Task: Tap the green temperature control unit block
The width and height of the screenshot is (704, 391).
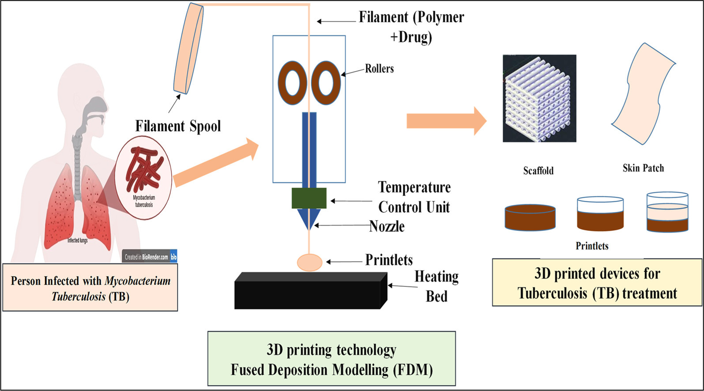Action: point(309,198)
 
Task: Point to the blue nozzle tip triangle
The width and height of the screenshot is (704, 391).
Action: point(309,218)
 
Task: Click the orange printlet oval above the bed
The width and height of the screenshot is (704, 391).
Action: point(309,262)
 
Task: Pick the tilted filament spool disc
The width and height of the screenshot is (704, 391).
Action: point(189,49)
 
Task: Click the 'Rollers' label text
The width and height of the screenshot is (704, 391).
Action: point(379,69)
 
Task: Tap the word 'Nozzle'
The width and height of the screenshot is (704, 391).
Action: point(387,226)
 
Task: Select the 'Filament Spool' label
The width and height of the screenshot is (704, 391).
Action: point(178,126)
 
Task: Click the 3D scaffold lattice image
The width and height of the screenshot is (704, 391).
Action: point(539,98)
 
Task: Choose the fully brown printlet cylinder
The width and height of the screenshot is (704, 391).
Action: point(530,217)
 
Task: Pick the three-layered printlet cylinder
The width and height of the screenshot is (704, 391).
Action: point(667,212)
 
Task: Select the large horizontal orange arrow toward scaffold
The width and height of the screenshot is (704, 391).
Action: point(446,120)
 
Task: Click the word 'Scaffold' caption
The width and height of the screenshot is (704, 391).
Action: point(538,171)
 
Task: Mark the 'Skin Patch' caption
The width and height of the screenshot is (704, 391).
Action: point(643,168)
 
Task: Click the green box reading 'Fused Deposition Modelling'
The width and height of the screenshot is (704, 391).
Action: point(331,359)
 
